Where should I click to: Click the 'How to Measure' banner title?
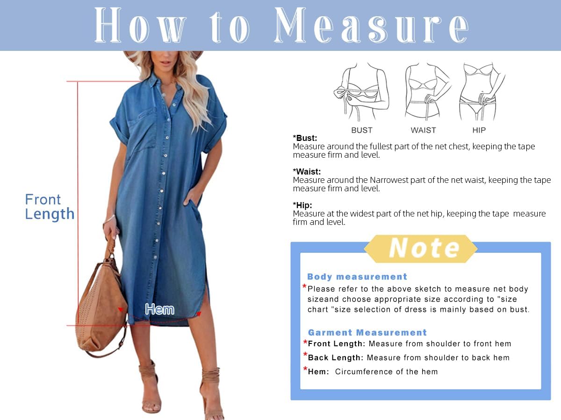pyautogui.click(x=280, y=26)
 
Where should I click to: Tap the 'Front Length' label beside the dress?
pyautogui.click(x=50, y=207)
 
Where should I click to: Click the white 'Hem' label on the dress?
pyautogui.click(x=159, y=309)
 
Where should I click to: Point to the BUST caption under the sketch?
pyautogui.click(x=362, y=130)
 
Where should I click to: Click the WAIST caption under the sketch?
pyautogui.click(x=423, y=130)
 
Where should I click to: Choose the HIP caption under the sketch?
pyautogui.click(x=479, y=130)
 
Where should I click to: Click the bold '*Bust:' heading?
pyautogui.click(x=305, y=138)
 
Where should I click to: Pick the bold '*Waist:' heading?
pyautogui.click(x=307, y=172)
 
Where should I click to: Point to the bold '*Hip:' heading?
pyautogui.click(x=302, y=205)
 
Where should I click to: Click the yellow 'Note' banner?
pyautogui.click(x=421, y=248)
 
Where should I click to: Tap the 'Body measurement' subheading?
pyautogui.click(x=357, y=277)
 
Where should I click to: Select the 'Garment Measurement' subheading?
pyautogui.click(x=367, y=333)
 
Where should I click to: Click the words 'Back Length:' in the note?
pyautogui.click(x=336, y=358)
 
